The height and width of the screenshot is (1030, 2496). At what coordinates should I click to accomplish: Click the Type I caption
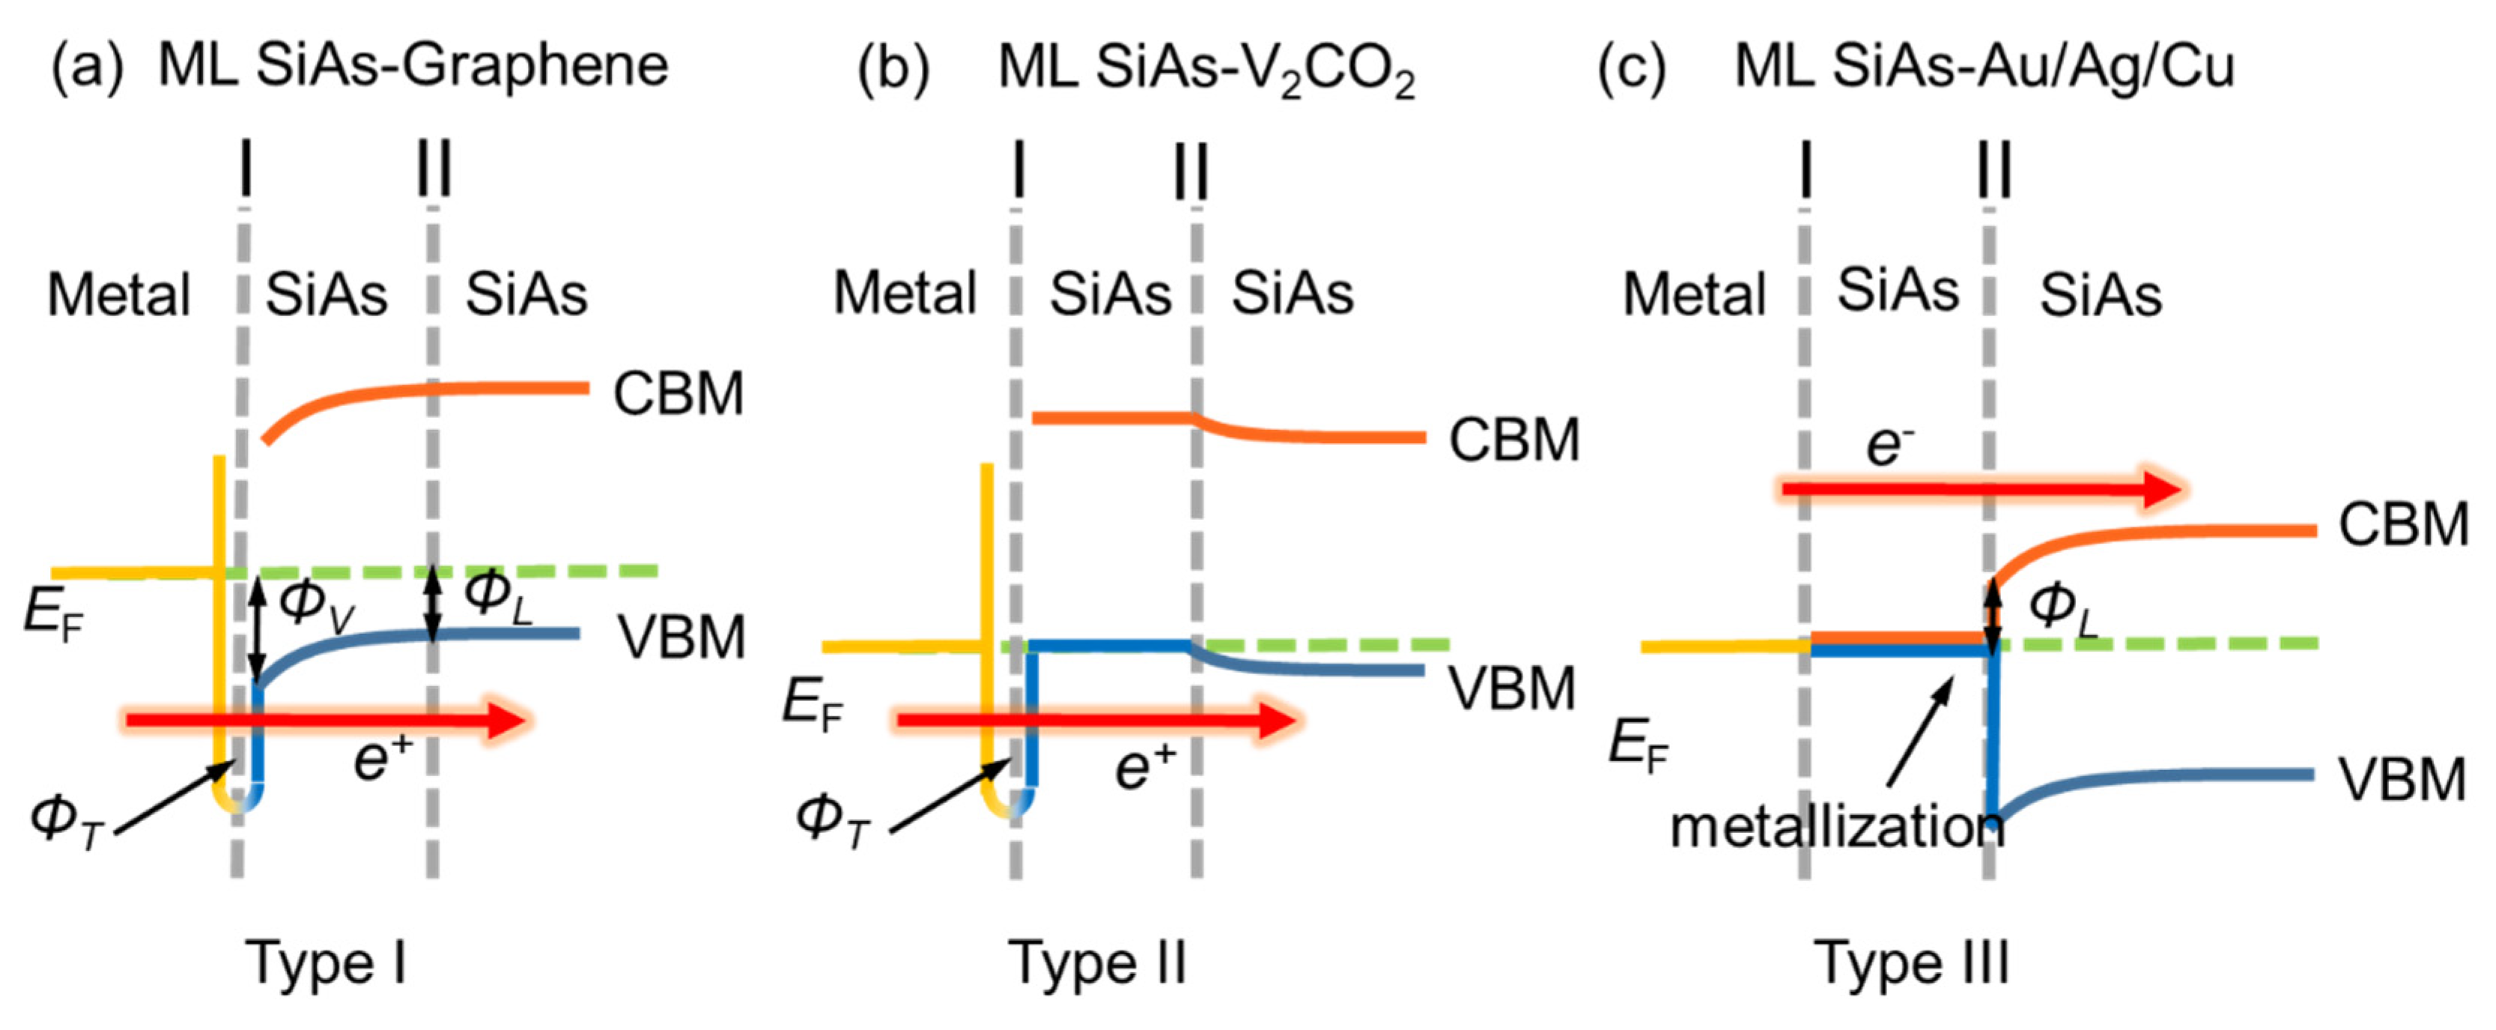tap(326, 963)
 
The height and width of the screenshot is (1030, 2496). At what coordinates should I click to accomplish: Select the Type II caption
tap(1097, 963)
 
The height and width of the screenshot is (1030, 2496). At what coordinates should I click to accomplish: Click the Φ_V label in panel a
tap(316, 605)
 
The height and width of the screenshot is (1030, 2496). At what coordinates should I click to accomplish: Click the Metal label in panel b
tap(904, 293)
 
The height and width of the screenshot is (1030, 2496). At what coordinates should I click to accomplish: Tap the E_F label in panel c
tap(1638, 747)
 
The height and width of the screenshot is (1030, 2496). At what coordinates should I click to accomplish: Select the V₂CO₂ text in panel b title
tap(1354, 70)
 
